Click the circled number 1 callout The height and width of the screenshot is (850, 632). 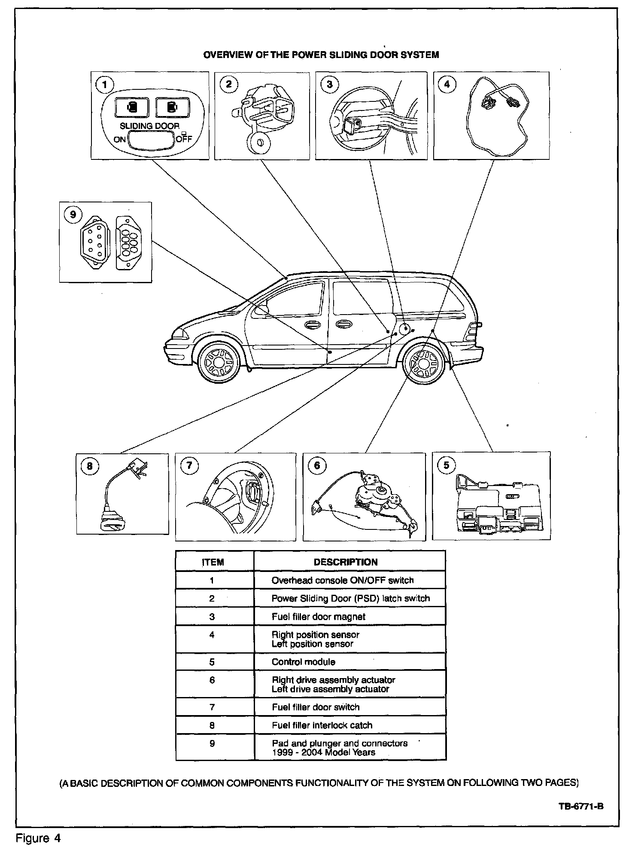point(103,84)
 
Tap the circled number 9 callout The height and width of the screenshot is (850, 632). point(73,214)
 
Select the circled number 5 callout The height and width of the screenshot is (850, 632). point(447,465)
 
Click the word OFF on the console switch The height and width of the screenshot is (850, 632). point(184,139)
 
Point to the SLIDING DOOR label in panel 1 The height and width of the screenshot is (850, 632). point(149,126)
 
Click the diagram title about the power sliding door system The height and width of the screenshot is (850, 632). point(321,55)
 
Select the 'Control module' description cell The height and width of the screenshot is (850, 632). point(303,662)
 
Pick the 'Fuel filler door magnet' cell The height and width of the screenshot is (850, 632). point(318,617)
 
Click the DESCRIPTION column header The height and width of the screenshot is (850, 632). point(345,562)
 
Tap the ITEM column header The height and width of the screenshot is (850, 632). point(213,562)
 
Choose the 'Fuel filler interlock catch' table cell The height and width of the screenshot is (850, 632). point(322,725)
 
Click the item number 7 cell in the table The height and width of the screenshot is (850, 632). point(212,707)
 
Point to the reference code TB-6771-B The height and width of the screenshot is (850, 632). point(582,806)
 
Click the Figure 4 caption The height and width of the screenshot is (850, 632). point(39,838)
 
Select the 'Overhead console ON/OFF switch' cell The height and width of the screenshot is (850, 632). point(342,581)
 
